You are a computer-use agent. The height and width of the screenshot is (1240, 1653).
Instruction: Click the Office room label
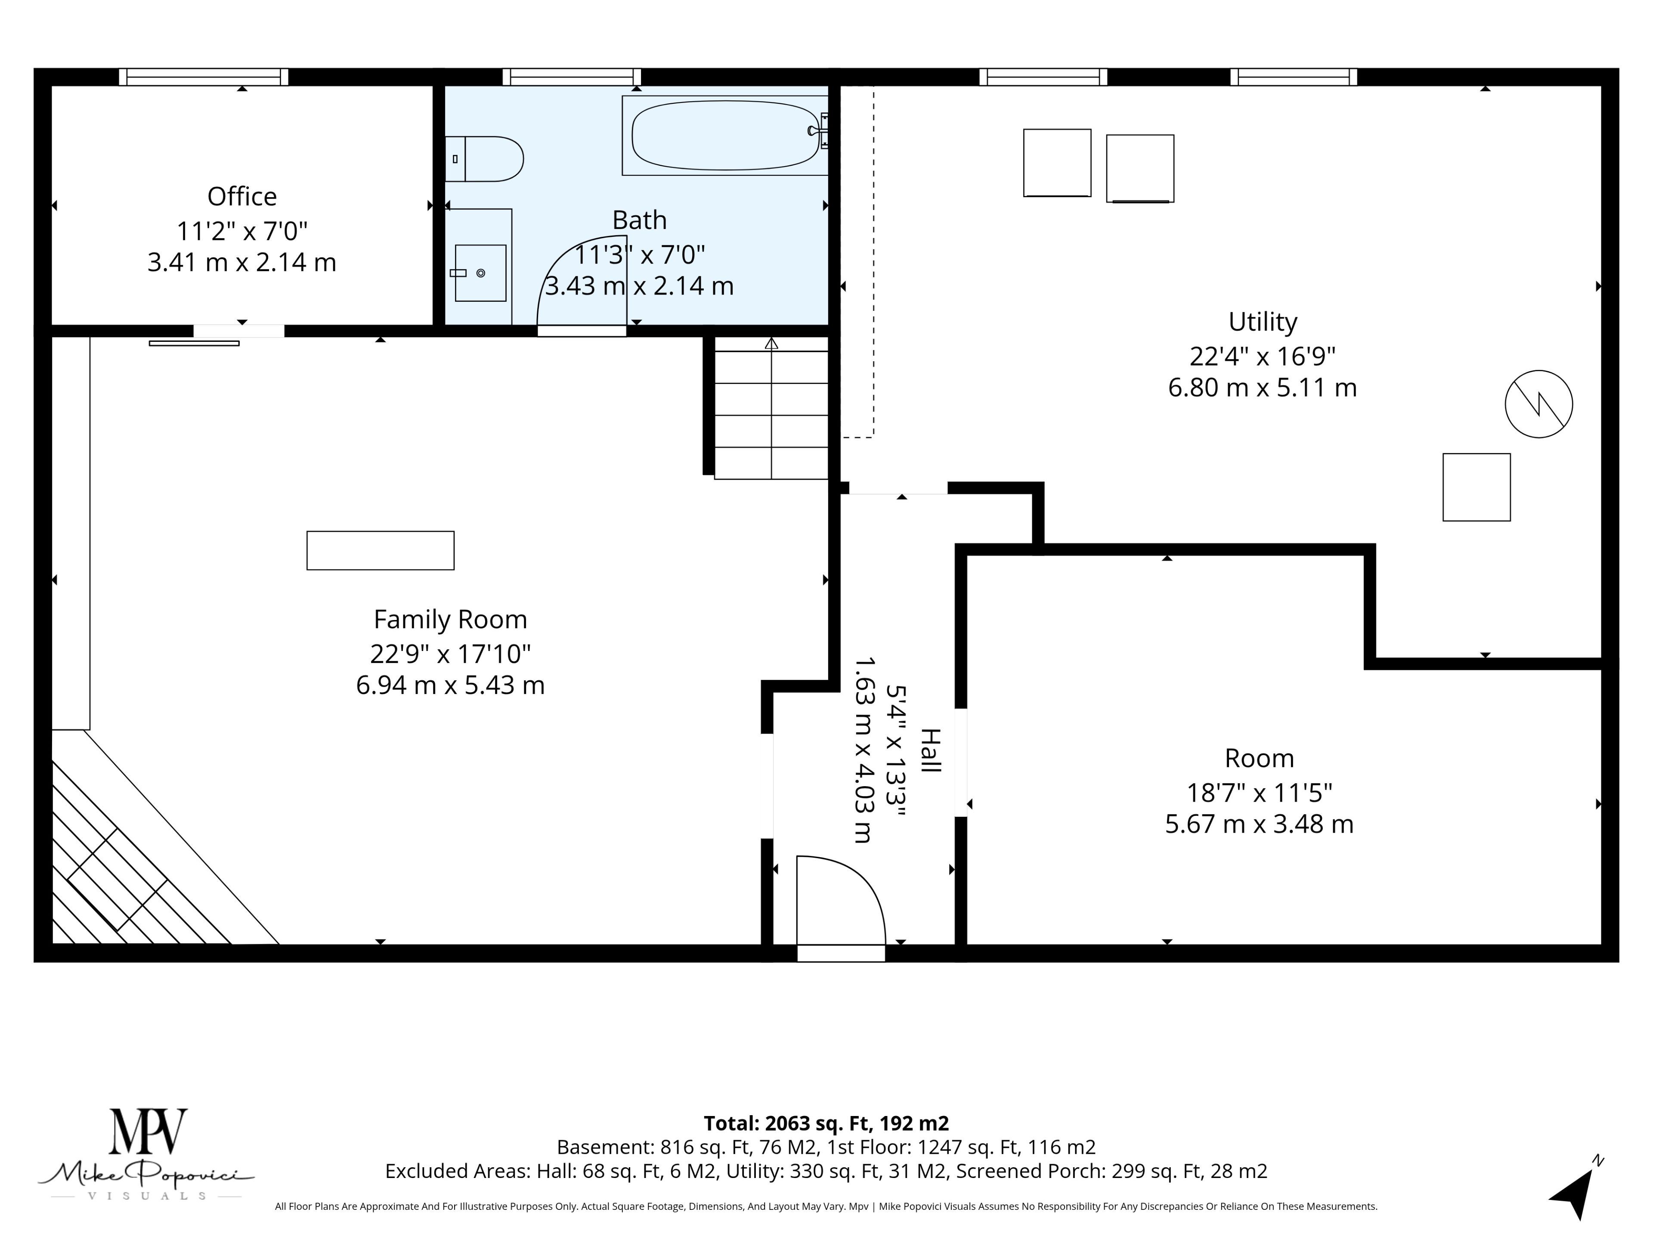tap(242, 197)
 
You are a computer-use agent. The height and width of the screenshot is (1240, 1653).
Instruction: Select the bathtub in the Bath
tap(725, 135)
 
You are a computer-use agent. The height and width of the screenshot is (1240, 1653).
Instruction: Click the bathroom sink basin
tap(480, 273)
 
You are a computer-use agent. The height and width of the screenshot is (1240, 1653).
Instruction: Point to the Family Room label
tap(451, 620)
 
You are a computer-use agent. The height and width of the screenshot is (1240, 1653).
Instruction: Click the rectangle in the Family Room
tap(381, 551)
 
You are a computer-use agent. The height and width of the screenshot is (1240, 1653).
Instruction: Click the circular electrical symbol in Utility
tap(1538, 403)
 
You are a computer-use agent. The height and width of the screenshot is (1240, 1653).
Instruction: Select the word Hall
tap(930, 750)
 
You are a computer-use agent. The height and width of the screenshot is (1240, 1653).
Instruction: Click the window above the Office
tap(204, 77)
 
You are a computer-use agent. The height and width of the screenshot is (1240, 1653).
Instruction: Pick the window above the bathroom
tap(572, 77)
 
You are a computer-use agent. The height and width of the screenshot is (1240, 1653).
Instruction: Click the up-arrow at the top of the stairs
tap(771, 343)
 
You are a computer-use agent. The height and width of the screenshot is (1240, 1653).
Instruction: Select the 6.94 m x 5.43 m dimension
tap(451, 685)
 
